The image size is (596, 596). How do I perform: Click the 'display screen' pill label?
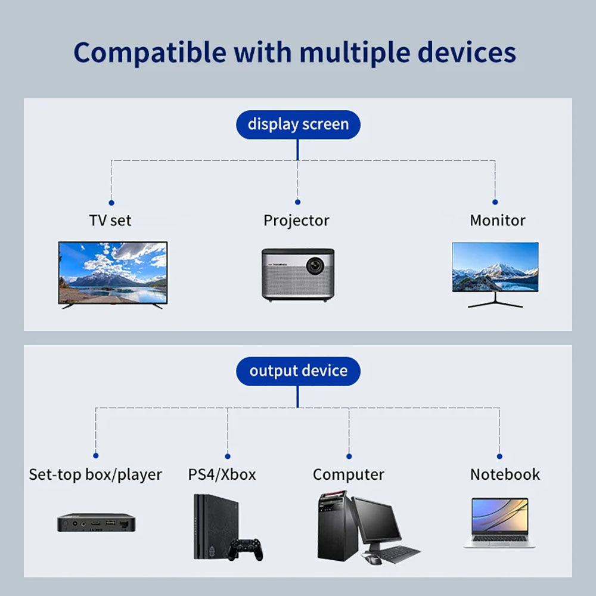pyautogui.click(x=298, y=125)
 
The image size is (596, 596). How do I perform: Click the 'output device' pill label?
pyautogui.click(x=298, y=371)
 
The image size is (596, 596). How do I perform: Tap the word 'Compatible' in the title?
pyautogui.click(x=150, y=52)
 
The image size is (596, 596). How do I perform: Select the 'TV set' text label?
pyautogui.click(x=110, y=220)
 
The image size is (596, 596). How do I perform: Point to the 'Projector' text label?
pyautogui.click(x=296, y=220)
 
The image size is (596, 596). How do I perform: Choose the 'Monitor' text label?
pyautogui.click(x=497, y=220)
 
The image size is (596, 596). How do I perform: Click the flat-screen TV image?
pyautogui.click(x=113, y=272)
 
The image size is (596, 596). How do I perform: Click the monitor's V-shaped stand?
pyautogui.click(x=495, y=301)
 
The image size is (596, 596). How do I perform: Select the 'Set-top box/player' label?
pyautogui.click(x=95, y=474)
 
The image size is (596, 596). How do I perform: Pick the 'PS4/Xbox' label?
pyautogui.click(x=222, y=474)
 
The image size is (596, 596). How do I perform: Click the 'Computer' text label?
pyautogui.click(x=348, y=474)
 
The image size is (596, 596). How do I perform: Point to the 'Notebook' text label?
pyautogui.click(x=505, y=474)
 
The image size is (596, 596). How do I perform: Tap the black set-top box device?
pyautogui.click(x=96, y=523)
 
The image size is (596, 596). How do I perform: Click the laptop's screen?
pyautogui.click(x=499, y=515)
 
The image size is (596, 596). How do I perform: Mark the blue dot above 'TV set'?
pyautogui.click(x=111, y=203)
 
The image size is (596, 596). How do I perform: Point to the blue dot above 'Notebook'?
pyautogui.click(x=499, y=456)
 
